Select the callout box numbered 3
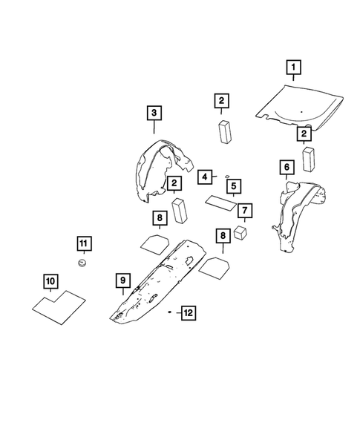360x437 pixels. click(x=153, y=113)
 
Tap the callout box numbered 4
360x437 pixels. click(x=204, y=176)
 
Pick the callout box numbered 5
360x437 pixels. click(x=233, y=185)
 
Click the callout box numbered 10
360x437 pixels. click(x=50, y=281)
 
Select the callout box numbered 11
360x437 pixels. click(x=84, y=243)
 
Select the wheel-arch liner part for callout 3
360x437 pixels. click(x=160, y=172)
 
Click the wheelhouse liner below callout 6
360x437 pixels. click(x=293, y=211)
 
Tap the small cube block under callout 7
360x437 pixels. click(x=240, y=232)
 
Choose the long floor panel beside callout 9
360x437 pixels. click(x=160, y=286)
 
